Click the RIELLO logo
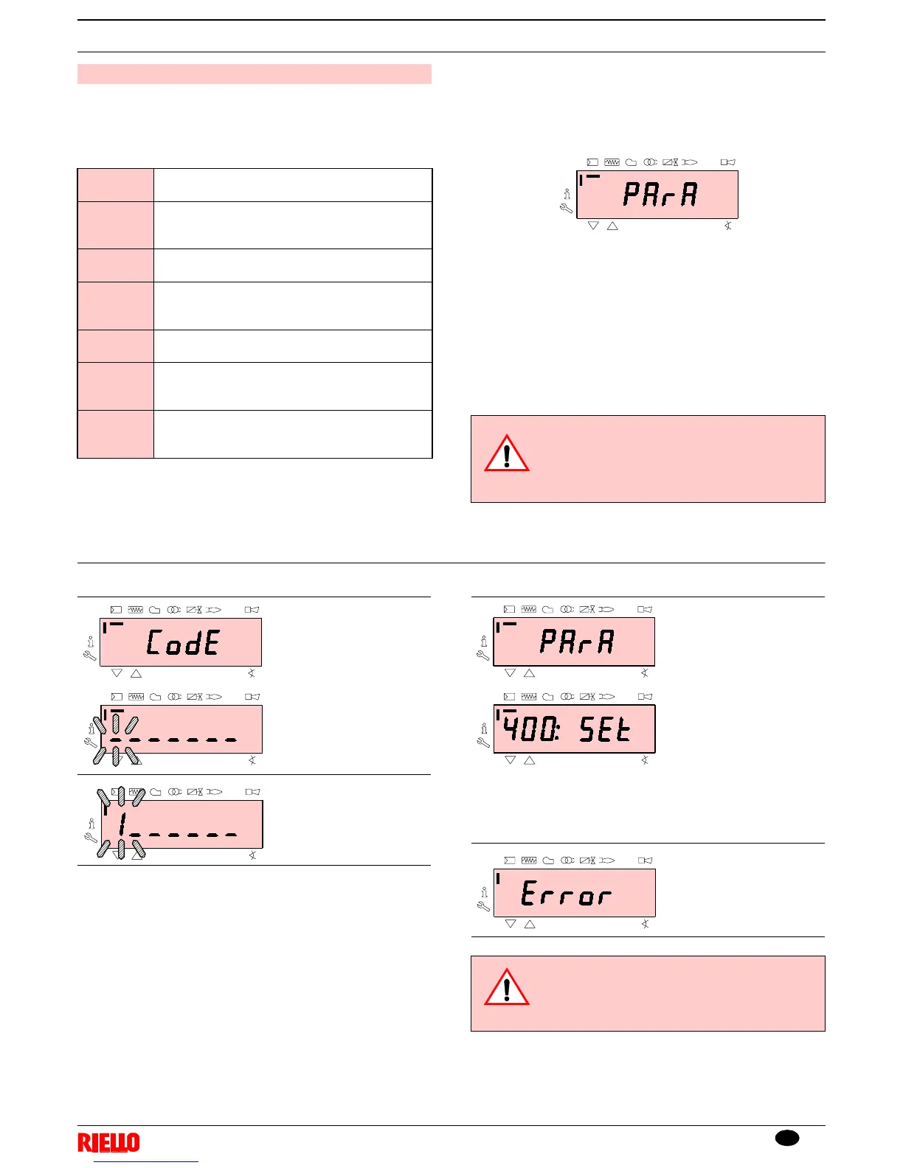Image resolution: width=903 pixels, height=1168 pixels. pos(108,1143)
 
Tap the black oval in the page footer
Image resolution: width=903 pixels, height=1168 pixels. pos(787,1138)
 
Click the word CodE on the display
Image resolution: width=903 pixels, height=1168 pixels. pos(183,642)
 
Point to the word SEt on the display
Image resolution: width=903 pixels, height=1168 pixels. pos(605,729)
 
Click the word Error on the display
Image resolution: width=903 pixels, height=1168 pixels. pos(566,894)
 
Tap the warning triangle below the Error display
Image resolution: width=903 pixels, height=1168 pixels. pos(507,989)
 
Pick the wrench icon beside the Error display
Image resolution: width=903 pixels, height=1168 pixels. pos(484,906)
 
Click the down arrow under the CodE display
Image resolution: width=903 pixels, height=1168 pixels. pos(117,673)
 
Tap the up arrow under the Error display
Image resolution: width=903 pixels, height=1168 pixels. pos(529,924)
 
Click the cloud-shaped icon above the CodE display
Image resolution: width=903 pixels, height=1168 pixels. pos(155,611)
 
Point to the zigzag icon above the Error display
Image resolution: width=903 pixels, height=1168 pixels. pos(528,861)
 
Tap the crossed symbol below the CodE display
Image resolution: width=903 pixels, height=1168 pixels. pos(252,673)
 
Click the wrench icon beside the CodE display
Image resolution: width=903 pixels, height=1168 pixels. pos(91,656)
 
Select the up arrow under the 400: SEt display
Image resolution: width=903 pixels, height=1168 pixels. pos(529,760)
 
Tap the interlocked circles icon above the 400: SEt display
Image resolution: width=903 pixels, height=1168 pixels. pos(567,697)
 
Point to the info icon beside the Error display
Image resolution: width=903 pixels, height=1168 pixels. pos(484,892)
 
